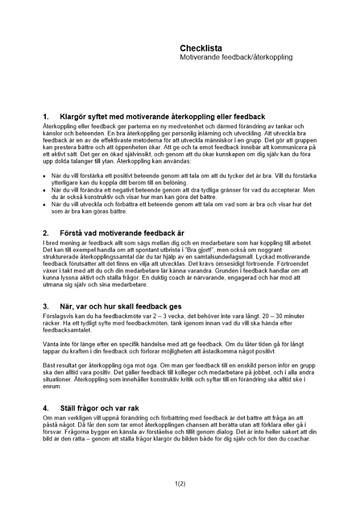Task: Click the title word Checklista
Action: (x=201, y=48)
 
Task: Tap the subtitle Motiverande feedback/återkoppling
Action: (x=236, y=58)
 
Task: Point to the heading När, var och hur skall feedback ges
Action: (x=121, y=307)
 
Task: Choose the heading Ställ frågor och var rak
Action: (x=99, y=408)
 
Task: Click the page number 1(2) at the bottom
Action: (x=180, y=484)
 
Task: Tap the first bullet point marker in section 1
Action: (x=44, y=176)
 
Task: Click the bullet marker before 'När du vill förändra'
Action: (x=44, y=190)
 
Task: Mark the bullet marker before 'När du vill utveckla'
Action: (x=44, y=205)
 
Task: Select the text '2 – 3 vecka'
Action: (x=148, y=316)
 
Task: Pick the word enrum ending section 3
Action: (x=51, y=387)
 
